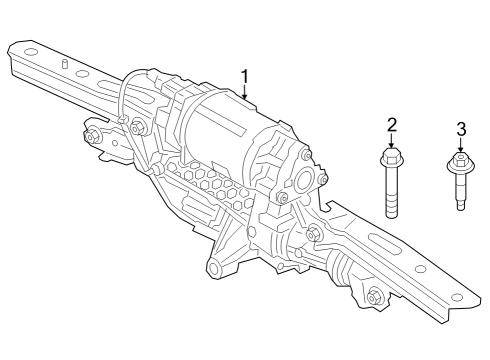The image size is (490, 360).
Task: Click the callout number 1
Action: point(244,75)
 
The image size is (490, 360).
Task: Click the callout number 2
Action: point(392,125)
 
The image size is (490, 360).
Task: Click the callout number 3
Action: point(461,129)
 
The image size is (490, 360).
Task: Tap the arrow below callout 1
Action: point(244,93)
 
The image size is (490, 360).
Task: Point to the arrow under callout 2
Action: point(392,142)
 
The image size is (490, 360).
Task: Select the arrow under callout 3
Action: point(461,146)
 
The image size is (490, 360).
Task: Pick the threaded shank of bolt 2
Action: point(392,198)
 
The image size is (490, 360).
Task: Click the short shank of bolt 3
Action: point(459,196)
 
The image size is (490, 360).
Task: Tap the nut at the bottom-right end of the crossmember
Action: point(374,296)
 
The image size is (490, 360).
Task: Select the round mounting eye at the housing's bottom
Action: point(213,269)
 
